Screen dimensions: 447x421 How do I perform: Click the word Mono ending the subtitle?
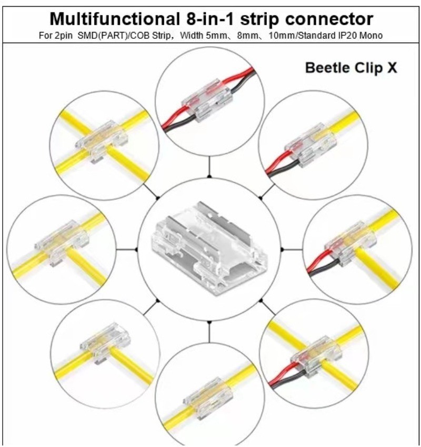pyautogui.click(x=373, y=35)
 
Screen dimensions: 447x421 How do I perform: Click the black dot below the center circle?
pyautogui.click(x=209, y=321)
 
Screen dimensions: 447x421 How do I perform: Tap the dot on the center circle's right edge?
pyautogui.click(x=282, y=250)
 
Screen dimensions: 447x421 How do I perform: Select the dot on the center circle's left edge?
pyautogui.click(x=137, y=250)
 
